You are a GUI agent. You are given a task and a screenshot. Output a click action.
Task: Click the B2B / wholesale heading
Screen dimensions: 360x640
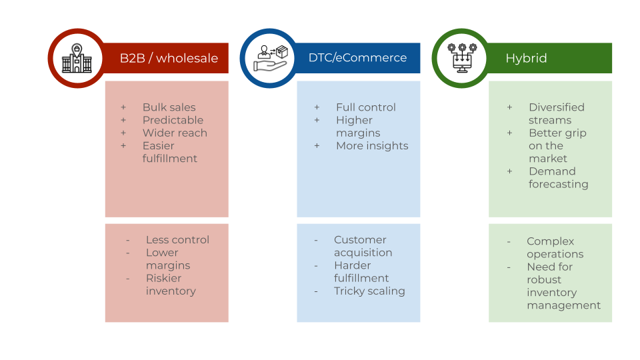click(169, 58)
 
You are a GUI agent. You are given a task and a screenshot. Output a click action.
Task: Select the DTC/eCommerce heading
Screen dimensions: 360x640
click(357, 58)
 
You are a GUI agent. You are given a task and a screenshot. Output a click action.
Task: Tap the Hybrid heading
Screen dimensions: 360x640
click(526, 58)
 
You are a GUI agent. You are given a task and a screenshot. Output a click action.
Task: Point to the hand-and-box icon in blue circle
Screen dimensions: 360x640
click(269, 59)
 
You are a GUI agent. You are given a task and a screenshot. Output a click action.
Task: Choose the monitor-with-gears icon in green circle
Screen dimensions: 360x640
click(461, 59)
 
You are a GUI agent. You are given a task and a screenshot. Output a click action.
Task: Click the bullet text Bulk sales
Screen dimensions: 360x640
click(169, 107)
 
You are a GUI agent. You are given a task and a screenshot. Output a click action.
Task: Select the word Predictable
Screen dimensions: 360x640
click(173, 120)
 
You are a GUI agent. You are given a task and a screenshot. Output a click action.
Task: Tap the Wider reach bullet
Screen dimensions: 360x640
click(175, 133)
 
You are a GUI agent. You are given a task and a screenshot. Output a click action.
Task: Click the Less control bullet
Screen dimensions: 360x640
click(177, 240)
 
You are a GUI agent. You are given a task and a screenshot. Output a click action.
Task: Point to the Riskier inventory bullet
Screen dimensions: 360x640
click(171, 285)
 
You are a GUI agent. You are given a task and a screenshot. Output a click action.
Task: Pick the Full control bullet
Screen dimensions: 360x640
click(365, 107)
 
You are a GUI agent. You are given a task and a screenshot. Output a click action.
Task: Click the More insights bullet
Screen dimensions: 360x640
click(372, 146)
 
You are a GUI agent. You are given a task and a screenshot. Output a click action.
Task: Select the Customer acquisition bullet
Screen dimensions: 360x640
click(363, 246)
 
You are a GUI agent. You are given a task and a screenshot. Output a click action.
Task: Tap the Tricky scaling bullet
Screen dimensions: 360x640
click(369, 291)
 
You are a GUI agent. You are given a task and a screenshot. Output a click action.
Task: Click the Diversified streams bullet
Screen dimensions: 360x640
click(556, 113)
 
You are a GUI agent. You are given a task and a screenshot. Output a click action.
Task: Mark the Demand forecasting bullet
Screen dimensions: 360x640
click(558, 178)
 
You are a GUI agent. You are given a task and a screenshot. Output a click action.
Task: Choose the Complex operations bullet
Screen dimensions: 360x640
click(555, 247)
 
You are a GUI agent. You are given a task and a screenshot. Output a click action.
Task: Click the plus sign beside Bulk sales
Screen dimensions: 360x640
click(123, 107)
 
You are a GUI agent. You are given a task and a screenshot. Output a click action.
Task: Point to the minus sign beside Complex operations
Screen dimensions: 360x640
click(509, 242)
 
